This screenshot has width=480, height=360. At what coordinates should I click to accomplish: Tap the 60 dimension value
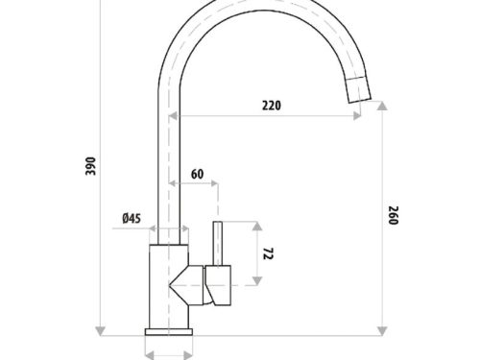click(197, 174)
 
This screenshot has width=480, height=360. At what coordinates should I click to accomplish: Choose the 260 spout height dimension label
click(394, 217)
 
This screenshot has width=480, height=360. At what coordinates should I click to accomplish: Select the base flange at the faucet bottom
click(170, 331)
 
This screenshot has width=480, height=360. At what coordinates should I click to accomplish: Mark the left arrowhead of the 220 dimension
click(176, 116)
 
